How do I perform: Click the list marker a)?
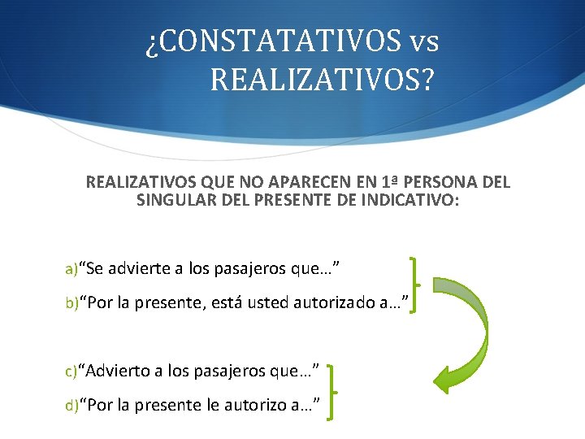(71, 269)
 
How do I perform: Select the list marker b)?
(71, 305)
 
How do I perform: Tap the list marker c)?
(71, 372)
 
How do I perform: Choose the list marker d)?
(71, 404)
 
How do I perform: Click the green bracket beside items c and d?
(332, 392)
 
